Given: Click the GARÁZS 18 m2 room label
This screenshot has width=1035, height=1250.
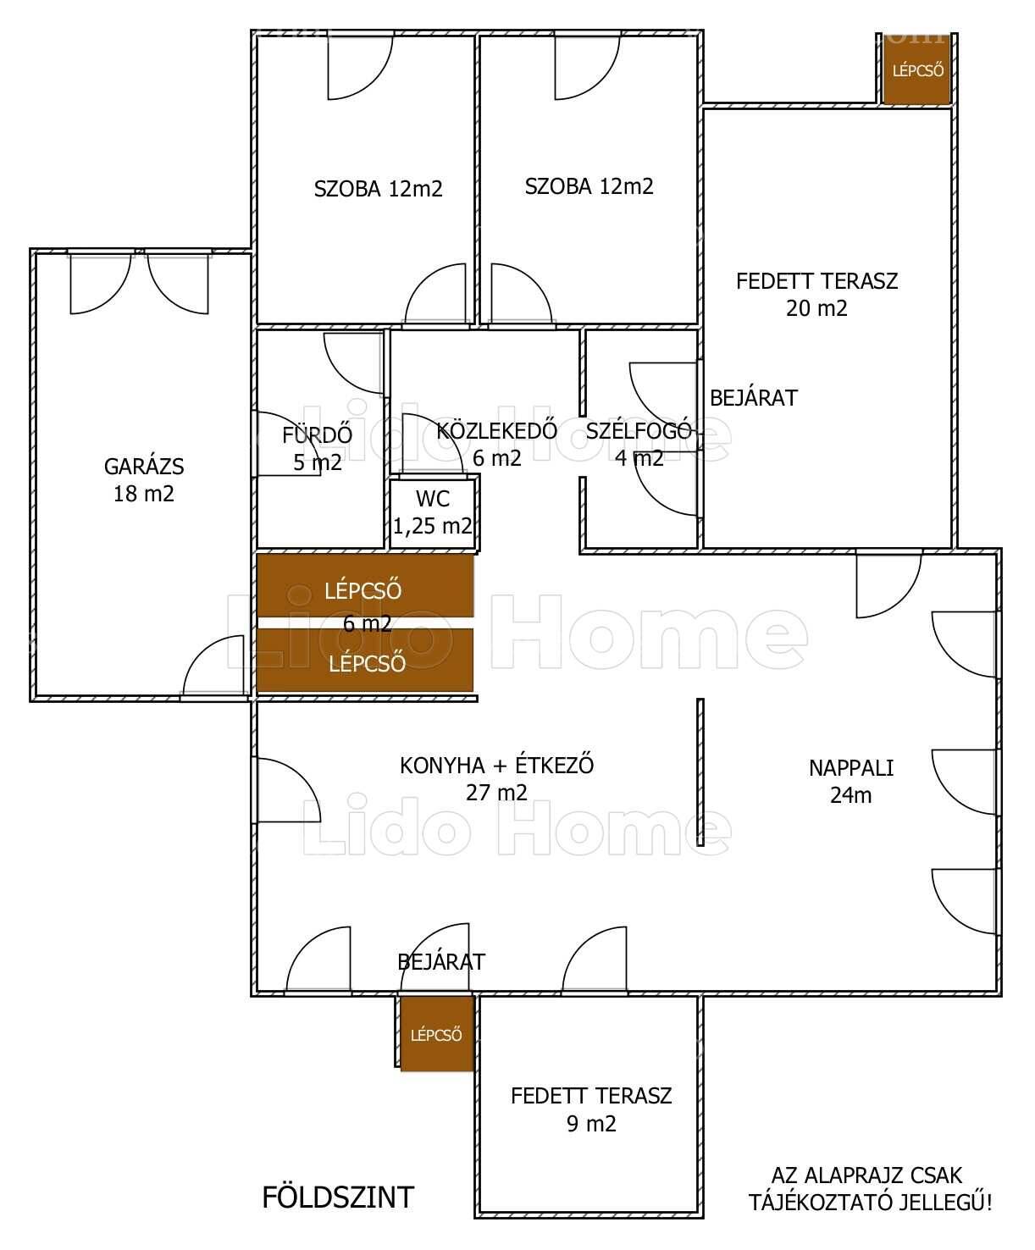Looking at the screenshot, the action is coord(144,479).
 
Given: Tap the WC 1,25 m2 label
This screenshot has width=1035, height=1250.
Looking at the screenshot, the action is coord(432,512).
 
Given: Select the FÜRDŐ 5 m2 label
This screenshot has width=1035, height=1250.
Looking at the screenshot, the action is coord(318,448).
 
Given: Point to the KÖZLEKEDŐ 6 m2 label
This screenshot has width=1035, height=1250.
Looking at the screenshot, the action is coord(497,445).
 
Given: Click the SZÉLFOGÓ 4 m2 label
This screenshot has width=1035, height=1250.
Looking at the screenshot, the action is coord(639,445).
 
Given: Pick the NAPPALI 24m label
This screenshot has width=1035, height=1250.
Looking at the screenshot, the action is coord(850,781).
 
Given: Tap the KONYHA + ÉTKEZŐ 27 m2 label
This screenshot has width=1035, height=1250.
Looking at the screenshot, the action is coord(497,779).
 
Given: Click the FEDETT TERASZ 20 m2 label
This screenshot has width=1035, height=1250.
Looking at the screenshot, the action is coord(816,295).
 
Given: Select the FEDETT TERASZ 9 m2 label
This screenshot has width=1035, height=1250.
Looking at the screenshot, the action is coord(591,1109).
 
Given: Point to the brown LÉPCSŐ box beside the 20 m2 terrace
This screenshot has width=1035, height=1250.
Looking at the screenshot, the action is coord(917,69).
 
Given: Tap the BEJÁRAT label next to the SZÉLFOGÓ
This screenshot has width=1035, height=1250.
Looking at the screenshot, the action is coord(754,398).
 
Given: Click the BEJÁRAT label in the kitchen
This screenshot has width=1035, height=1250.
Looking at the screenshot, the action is coord(441,962).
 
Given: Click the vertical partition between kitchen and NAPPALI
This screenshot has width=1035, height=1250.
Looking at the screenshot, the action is coord(700,772).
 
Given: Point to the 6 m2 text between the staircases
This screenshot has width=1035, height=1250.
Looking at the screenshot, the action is coord(368,624).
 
